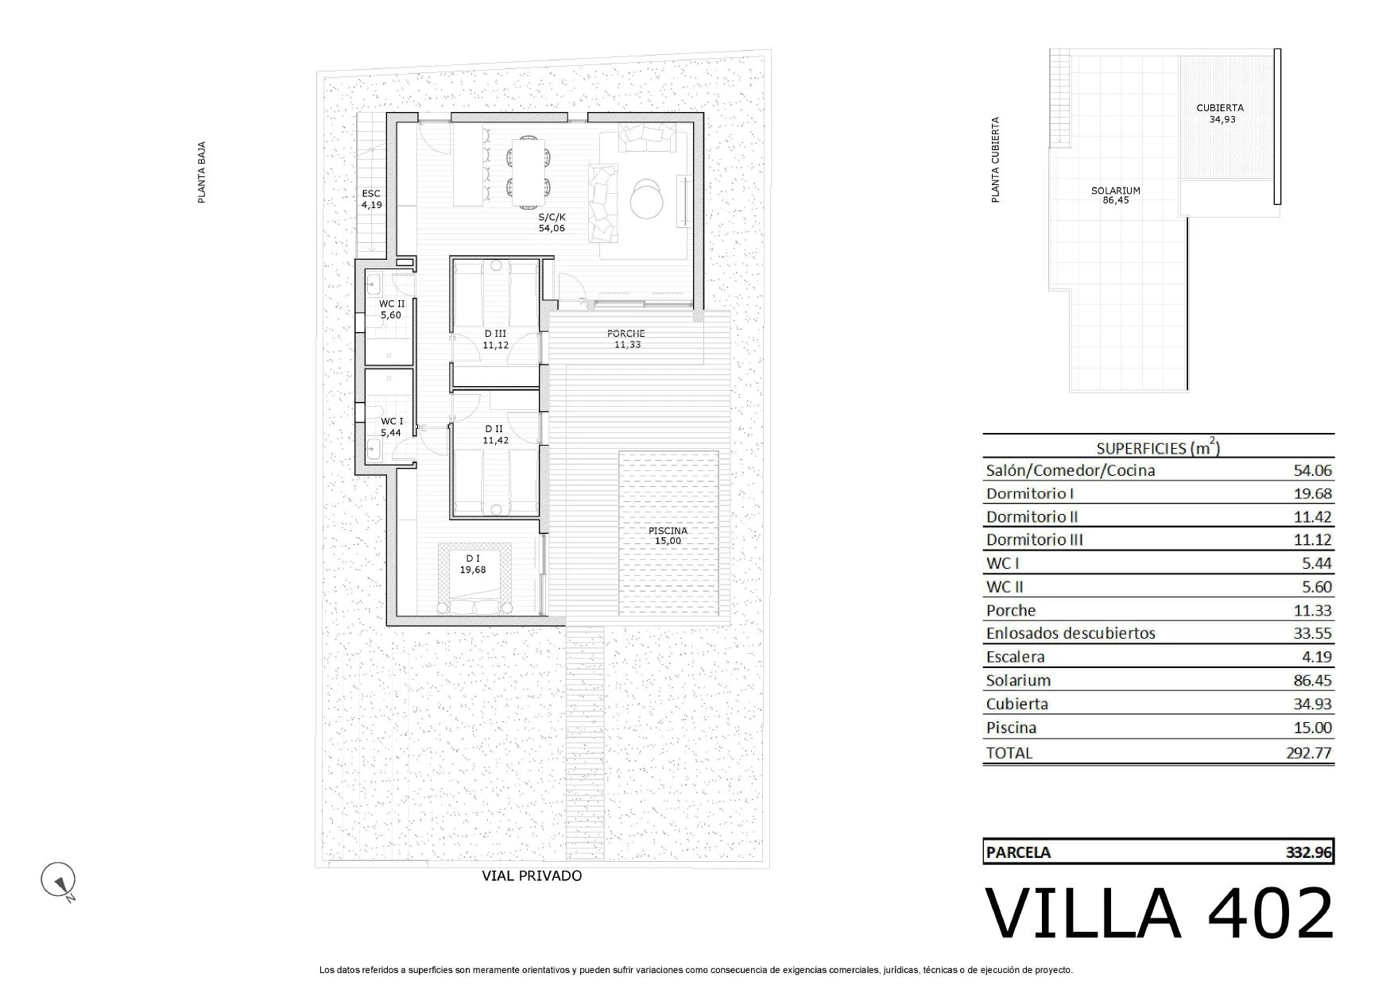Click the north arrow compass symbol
pyautogui.click(x=58, y=881)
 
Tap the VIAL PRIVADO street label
pyautogui.click(x=532, y=876)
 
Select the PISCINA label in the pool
pyautogui.click(x=668, y=531)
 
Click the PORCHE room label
pyautogui.click(x=626, y=334)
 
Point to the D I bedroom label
pyautogui.click(x=473, y=558)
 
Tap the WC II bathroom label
pyautogui.click(x=391, y=304)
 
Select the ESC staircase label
pyautogui.click(x=371, y=194)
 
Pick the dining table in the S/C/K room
pyautogui.click(x=528, y=168)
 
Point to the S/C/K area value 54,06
pyautogui.click(x=552, y=229)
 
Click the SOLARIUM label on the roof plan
pyautogui.click(x=1116, y=191)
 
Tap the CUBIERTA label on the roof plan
pyautogui.click(x=1220, y=108)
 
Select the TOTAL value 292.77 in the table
pyautogui.click(x=1309, y=753)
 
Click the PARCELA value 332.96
pyautogui.click(x=1309, y=852)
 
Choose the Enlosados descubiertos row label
pyautogui.click(x=1071, y=633)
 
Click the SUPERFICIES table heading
pyautogui.click(x=1158, y=448)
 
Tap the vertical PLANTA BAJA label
pyautogui.click(x=202, y=172)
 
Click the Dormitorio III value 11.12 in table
pyautogui.click(x=1312, y=540)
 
